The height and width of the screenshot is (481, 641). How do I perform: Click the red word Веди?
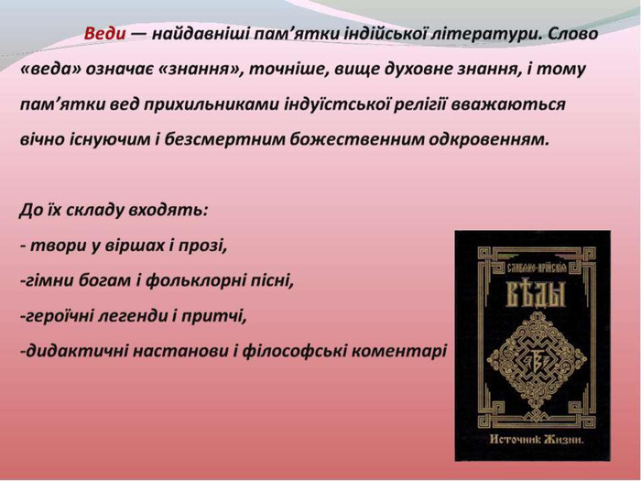[104, 33]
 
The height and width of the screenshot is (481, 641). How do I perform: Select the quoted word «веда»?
[51, 69]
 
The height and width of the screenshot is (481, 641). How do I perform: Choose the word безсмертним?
[225, 139]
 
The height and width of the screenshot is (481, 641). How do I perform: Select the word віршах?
[135, 246]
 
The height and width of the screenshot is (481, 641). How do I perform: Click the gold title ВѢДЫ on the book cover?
[536, 295]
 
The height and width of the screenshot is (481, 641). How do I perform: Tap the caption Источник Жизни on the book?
[537, 440]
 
